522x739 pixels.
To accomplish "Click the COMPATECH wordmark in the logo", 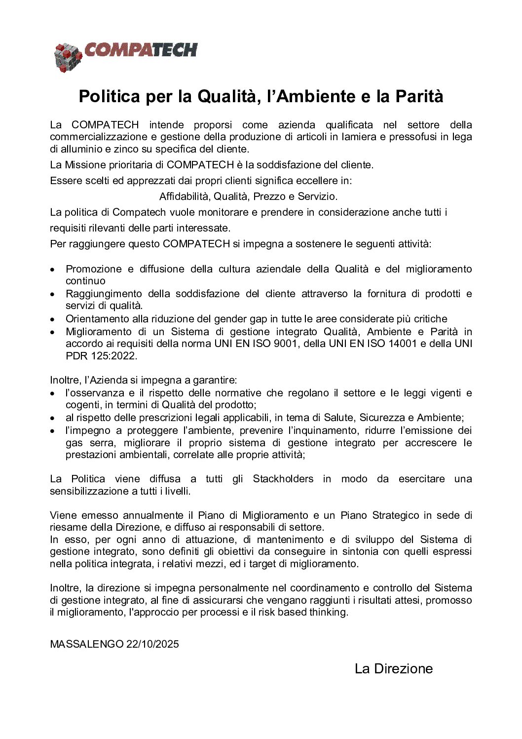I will tap(141, 50).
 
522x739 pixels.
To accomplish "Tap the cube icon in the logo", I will tap(68, 57).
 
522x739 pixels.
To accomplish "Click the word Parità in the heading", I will tap(419, 96).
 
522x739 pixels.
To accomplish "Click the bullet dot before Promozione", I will tap(53, 270).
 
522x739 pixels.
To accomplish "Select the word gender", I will tap(232, 319).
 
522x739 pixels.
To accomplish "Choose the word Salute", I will tap(340, 418).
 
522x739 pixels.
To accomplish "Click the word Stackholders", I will tap(283, 479).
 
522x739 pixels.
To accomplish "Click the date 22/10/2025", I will tap(152, 644).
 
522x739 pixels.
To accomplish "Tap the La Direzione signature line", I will tap(393, 669).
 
